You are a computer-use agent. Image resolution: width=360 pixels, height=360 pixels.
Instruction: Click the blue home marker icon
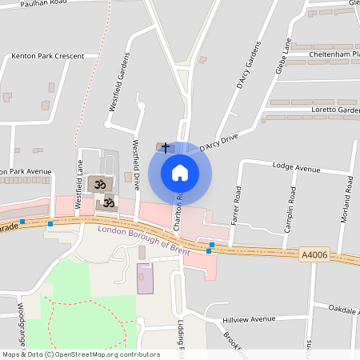[x=180, y=172]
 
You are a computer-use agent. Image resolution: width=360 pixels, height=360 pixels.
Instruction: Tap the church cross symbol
[x=166, y=148]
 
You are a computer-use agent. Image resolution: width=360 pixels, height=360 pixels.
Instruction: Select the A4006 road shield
[x=314, y=255]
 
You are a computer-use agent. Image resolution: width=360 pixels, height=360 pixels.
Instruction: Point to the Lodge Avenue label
[x=295, y=170]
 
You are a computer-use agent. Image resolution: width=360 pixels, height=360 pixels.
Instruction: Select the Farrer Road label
[x=236, y=206]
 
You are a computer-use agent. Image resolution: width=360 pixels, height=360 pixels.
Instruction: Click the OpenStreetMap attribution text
[x=81, y=354]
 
